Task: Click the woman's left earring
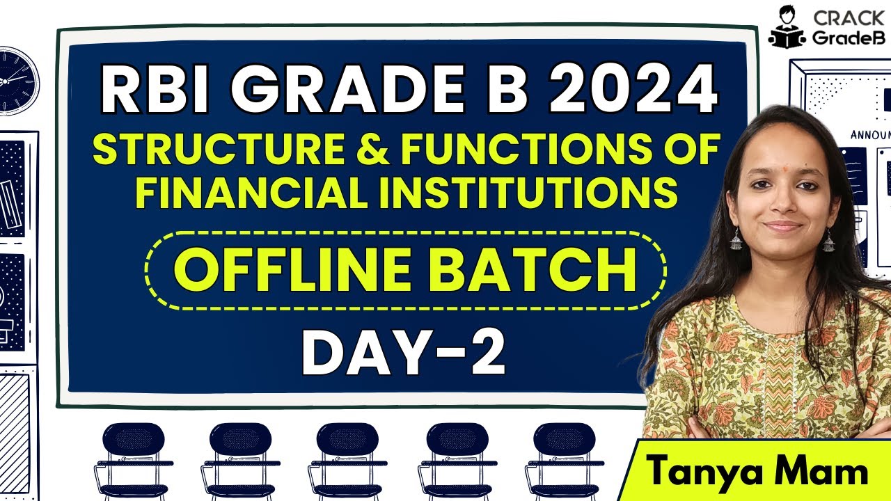[828, 240]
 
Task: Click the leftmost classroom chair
[132, 459]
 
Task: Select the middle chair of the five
[348, 459]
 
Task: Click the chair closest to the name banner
[564, 459]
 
